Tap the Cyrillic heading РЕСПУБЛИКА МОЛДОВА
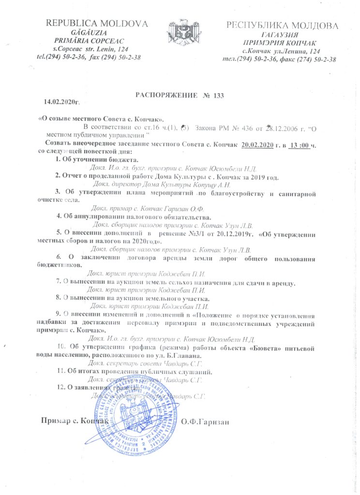pyautogui.click(x=282, y=25)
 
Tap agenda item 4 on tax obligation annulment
pyautogui.click(x=136, y=217)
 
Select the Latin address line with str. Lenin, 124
pyautogui.click(x=90, y=49)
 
